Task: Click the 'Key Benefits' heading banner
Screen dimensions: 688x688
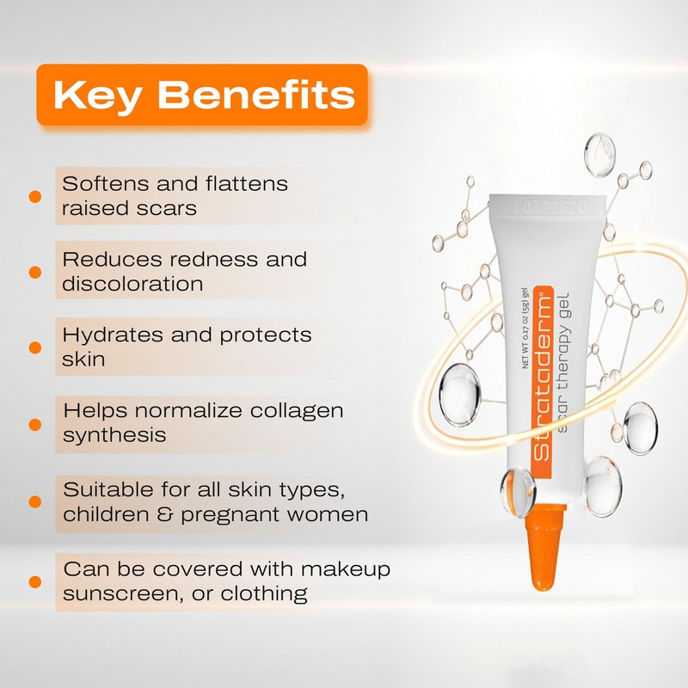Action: (x=201, y=95)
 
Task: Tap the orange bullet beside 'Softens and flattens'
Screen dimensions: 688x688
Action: (x=35, y=196)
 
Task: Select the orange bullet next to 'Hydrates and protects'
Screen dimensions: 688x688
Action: (x=35, y=347)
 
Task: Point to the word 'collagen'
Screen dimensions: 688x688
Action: (x=294, y=410)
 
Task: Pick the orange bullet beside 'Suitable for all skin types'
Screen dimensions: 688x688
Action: (x=35, y=501)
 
